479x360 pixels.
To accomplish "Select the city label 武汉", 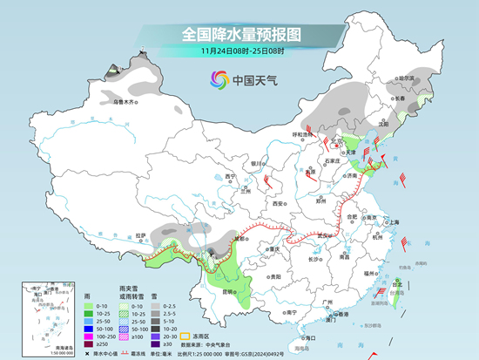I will click(326, 234).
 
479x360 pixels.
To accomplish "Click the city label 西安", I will click(278, 203).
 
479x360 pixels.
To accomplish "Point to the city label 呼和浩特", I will click(302, 134).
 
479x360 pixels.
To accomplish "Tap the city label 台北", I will click(399, 284).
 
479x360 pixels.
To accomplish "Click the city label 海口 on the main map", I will click(307, 336).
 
